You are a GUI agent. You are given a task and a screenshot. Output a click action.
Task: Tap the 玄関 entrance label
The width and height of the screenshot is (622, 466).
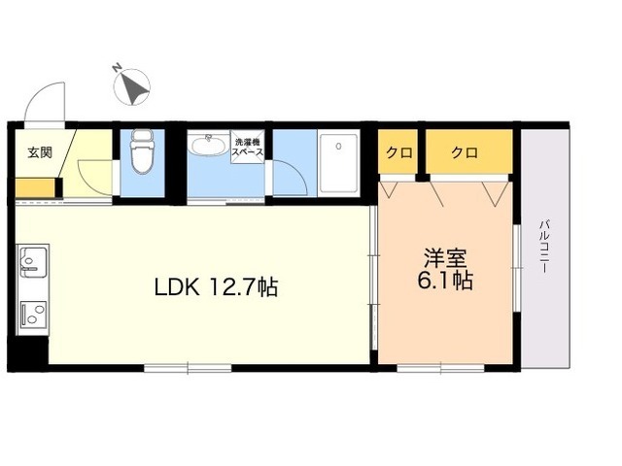pyautogui.click(x=40, y=151)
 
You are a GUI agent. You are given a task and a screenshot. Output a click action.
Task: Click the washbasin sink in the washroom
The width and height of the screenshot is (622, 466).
pyautogui.click(x=207, y=147)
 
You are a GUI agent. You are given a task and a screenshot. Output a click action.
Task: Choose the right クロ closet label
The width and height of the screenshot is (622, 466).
pyautogui.click(x=464, y=151)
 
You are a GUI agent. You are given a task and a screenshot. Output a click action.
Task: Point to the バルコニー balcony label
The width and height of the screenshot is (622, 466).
pyautogui.click(x=543, y=249)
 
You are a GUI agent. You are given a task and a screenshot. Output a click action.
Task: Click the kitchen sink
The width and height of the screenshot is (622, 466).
pyautogui.click(x=33, y=262)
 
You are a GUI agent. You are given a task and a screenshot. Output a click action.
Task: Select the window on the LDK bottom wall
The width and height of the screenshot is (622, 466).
pyautogui.click(x=188, y=367)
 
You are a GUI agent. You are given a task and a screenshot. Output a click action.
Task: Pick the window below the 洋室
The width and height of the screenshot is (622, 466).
pyautogui.click(x=440, y=367)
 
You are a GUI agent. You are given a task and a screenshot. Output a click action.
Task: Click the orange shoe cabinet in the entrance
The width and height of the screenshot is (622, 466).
pyautogui.click(x=38, y=186)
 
